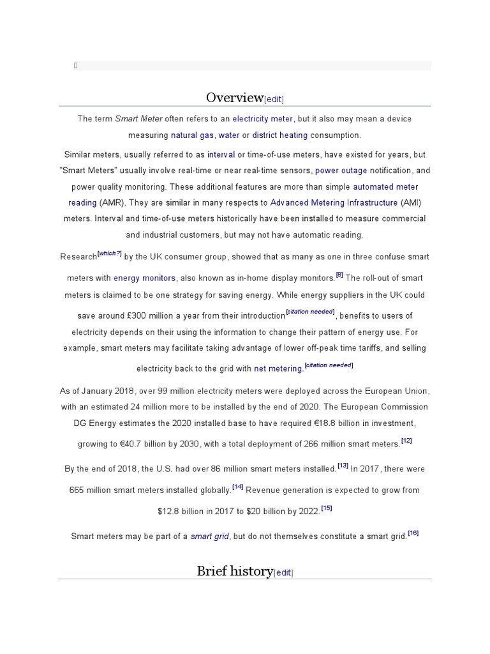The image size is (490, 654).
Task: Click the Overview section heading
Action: tap(234, 97)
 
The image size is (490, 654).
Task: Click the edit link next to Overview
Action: tap(274, 99)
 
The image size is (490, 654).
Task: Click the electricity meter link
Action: tap(263, 119)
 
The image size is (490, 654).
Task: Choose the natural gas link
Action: tap(192, 135)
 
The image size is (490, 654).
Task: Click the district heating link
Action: tap(280, 135)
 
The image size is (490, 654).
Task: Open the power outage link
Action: tap(341, 171)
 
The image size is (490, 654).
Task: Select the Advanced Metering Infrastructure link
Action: tap(334, 202)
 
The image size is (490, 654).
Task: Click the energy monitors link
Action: tap(144, 278)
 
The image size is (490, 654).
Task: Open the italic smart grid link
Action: tap(210, 536)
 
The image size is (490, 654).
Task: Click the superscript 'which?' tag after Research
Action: tap(110, 254)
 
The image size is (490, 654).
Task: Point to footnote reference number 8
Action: tap(339, 275)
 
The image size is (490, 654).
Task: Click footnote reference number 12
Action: tap(406, 441)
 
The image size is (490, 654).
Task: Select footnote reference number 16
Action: tap(413, 533)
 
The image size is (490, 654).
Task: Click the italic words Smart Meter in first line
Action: tap(138, 119)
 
